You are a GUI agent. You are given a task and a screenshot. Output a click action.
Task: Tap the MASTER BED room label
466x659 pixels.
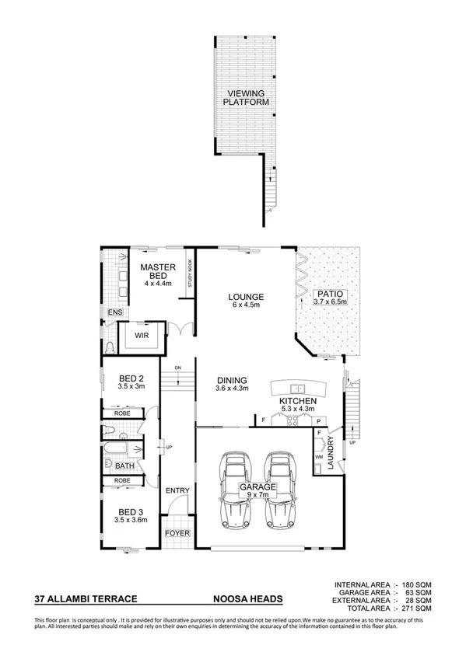(x=156, y=272)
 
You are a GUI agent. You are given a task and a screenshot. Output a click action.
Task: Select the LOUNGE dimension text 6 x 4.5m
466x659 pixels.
(x=246, y=305)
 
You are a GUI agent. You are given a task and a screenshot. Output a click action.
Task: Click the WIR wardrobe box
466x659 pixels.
(x=142, y=336)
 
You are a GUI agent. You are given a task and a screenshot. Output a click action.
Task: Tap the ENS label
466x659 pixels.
(x=115, y=312)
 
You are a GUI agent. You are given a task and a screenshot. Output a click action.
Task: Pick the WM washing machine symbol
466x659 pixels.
(x=318, y=458)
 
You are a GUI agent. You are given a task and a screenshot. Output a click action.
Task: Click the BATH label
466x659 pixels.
(x=124, y=466)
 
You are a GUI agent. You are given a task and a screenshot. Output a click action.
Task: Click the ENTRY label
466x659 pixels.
(x=177, y=491)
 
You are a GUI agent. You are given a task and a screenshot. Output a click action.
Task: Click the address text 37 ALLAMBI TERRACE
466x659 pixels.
(x=86, y=599)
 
